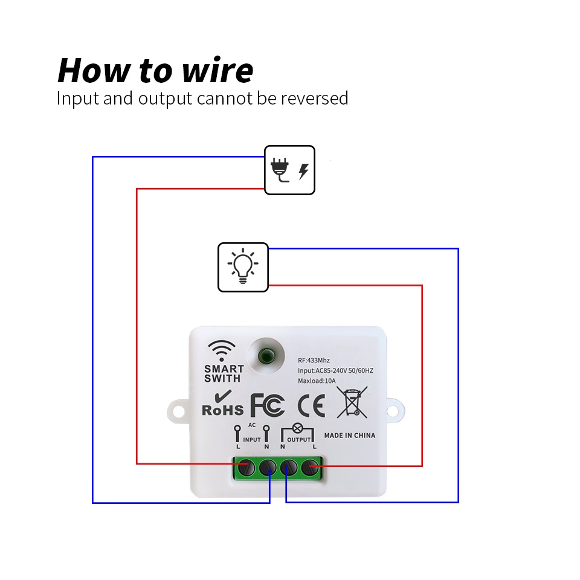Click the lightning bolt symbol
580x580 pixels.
point(304,172)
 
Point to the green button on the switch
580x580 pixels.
point(266,356)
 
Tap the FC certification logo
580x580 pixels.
point(268,405)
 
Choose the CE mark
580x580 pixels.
point(312,405)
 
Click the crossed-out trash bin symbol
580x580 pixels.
point(352,402)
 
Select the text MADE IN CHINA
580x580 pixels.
point(350,436)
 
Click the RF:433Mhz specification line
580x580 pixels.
point(314,360)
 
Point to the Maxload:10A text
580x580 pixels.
point(317,381)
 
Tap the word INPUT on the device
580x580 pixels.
point(252,440)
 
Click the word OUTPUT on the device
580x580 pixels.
point(299,440)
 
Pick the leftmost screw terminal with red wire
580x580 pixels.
point(246,468)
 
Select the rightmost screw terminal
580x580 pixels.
point(310,468)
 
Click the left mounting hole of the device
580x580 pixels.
point(179,411)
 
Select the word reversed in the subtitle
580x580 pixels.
point(314,98)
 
